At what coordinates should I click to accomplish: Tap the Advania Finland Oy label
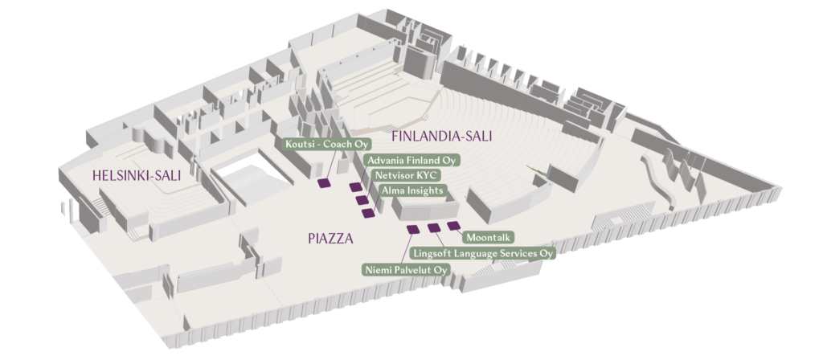click(411, 160)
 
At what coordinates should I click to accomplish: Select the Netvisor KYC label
click(403, 174)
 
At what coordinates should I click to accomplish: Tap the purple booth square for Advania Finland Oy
click(356, 187)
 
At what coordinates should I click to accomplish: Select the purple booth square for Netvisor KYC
click(362, 199)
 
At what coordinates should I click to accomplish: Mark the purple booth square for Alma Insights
click(369, 212)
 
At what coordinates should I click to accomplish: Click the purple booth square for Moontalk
click(454, 226)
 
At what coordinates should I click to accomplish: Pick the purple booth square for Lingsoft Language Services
click(434, 227)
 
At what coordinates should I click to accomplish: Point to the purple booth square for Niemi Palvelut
click(413, 230)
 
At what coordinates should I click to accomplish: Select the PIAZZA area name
click(330, 238)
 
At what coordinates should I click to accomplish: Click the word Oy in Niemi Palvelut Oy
click(440, 268)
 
